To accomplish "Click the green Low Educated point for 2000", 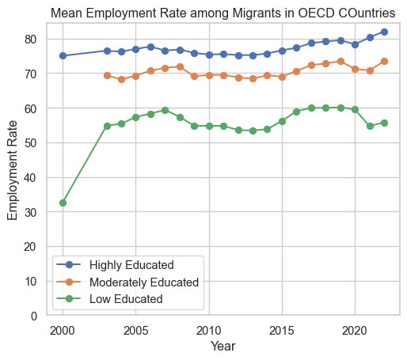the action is click(63, 203).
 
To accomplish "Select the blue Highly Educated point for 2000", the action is click(63, 55).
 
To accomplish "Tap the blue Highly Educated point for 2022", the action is click(385, 32).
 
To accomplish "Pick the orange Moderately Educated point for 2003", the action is click(107, 75).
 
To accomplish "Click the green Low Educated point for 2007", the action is click(165, 110).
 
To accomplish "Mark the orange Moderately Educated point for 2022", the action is click(385, 61).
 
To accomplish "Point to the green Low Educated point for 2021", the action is click(370, 126).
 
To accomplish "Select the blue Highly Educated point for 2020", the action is click(356, 44).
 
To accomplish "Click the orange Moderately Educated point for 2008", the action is click(180, 66).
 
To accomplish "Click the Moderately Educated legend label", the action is click(144, 282).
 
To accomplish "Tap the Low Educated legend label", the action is click(126, 299).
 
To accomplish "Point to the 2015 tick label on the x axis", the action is click(281, 331).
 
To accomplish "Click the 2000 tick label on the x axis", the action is click(63, 331).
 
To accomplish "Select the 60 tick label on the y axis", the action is click(30, 108).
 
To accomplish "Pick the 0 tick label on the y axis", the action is click(34, 316).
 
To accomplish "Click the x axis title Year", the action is click(223, 346).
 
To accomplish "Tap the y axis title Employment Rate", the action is click(12, 170).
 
